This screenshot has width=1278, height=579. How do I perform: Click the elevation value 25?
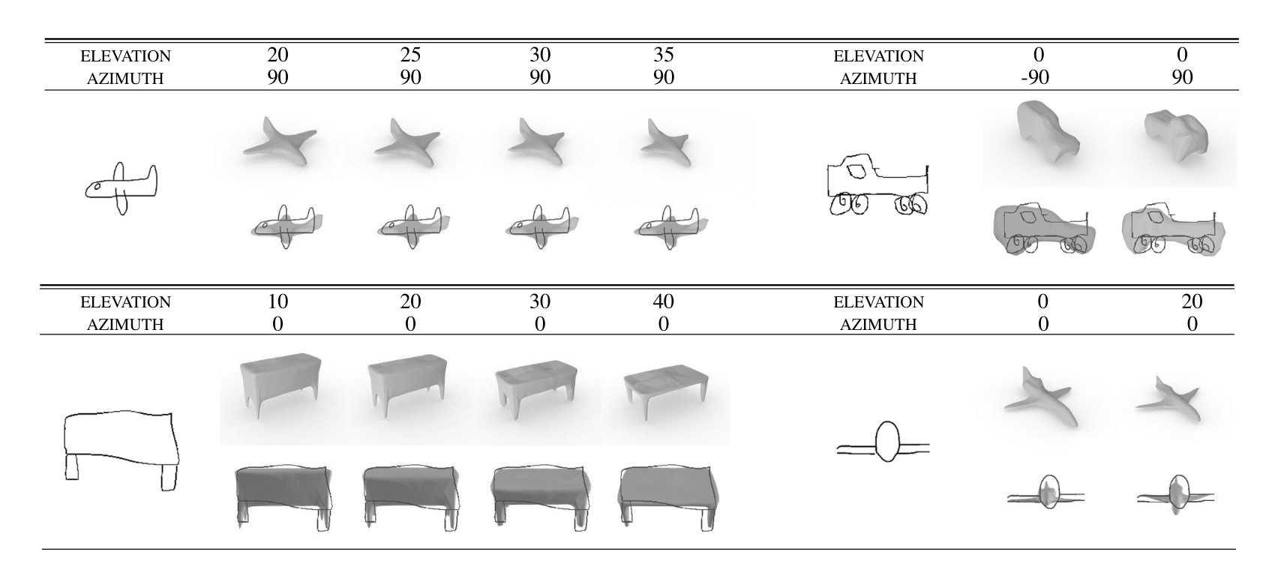tap(410, 55)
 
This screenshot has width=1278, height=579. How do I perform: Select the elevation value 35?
tap(664, 55)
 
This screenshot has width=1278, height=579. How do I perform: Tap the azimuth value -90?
tap(1035, 77)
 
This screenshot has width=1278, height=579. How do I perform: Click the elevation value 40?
tap(664, 301)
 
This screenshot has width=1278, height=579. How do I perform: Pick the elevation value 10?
tap(277, 301)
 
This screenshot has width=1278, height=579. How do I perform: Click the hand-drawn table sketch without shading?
tap(121, 448)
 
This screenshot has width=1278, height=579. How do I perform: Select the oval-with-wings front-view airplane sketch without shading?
tap(884, 443)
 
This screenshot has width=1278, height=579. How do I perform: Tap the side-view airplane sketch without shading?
tap(121, 189)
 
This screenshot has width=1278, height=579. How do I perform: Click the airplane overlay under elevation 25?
tap(410, 225)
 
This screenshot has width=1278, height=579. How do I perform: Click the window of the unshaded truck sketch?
tap(855, 172)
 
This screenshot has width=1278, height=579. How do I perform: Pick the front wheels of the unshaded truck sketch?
tap(848, 203)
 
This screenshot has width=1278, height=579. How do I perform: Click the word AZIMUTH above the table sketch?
tap(126, 324)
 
